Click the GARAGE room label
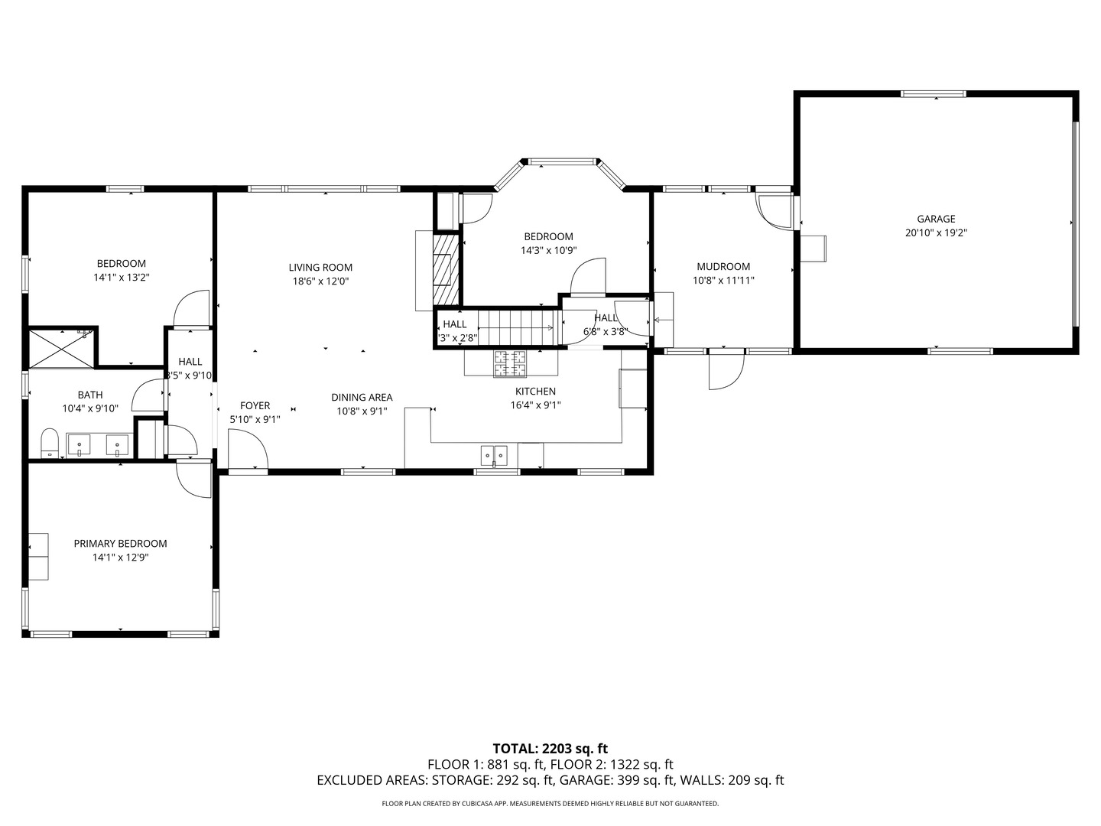[x=936, y=219]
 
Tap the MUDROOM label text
[x=723, y=267]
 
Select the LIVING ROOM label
[x=320, y=268]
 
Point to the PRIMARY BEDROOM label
[x=120, y=544]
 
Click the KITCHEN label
[x=535, y=392]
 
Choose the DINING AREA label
[x=362, y=398]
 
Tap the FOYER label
[x=255, y=406]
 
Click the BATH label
[x=90, y=395]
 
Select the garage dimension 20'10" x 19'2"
[x=936, y=233]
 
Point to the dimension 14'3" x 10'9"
[x=548, y=250]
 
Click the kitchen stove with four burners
[x=510, y=363]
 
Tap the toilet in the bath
[x=50, y=443]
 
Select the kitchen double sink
[x=494, y=455]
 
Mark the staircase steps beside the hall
[x=516, y=327]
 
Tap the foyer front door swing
[x=246, y=450]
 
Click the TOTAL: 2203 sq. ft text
[x=550, y=749]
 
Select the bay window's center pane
[x=562, y=161]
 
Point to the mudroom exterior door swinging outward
[x=726, y=370]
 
